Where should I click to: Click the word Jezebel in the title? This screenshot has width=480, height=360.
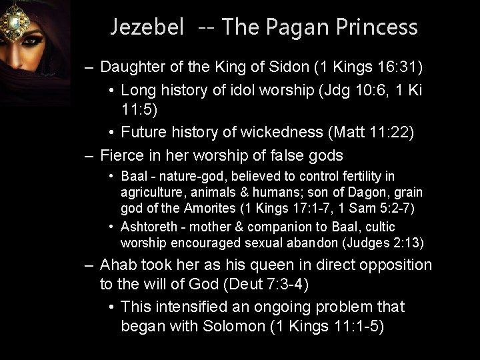[x=147, y=27]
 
